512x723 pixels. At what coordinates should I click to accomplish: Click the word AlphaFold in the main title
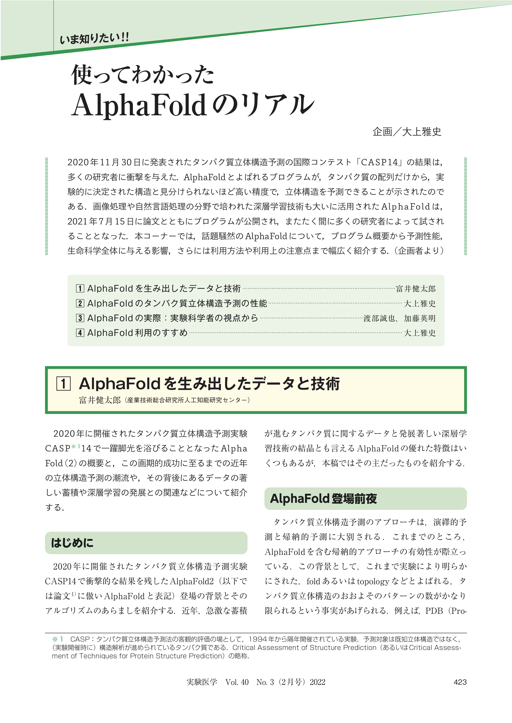tap(139, 105)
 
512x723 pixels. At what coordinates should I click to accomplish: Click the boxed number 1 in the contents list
tap(80, 288)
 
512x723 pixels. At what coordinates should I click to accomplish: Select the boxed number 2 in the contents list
tap(80, 303)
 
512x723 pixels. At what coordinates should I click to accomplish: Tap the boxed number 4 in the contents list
tap(80, 333)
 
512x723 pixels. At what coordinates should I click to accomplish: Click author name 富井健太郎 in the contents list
tap(415, 289)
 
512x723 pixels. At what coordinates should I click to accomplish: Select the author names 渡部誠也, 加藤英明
tap(400, 318)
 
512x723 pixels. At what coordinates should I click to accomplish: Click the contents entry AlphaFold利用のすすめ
tap(137, 333)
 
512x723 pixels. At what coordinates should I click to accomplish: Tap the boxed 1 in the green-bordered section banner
tap(63, 384)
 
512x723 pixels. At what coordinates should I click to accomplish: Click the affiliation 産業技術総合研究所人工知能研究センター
tap(187, 400)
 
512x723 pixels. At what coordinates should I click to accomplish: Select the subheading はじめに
tap(72, 543)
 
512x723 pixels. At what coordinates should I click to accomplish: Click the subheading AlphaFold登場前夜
tap(323, 499)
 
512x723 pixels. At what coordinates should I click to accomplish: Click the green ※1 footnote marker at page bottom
tap(58, 639)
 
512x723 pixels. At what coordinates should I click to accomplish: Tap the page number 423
tap(460, 682)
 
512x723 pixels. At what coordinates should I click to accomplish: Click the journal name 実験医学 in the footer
tap(202, 682)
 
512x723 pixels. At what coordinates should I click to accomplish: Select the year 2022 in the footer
tap(317, 682)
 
